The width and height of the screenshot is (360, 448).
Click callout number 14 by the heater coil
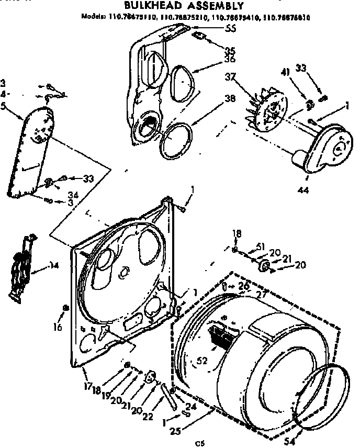point(53,265)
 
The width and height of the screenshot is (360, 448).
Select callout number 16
point(58,328)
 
